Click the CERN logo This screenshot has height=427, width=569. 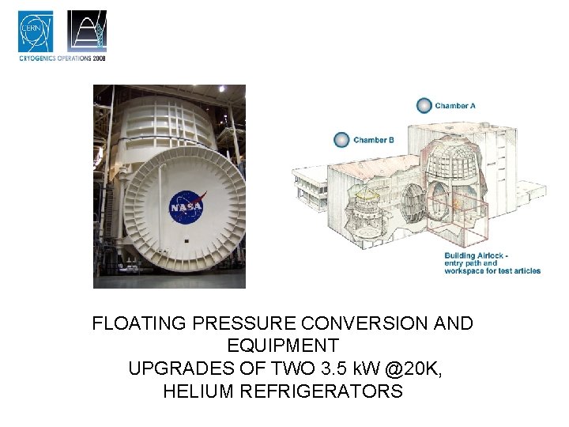(x=36, y=32)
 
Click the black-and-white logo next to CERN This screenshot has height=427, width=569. (x=86, y=32)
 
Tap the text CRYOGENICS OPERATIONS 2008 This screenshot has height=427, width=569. (x=62, y=58)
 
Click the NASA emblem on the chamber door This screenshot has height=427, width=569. (x=187, y=206)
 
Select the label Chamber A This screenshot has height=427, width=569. (x=455, y=106)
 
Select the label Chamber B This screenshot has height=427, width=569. (x=374, y=140)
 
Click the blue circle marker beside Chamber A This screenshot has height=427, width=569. (x=424, y=105)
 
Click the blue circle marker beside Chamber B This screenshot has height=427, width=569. (x=341, y=140)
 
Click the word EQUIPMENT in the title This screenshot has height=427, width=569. (x=282, y=346)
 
